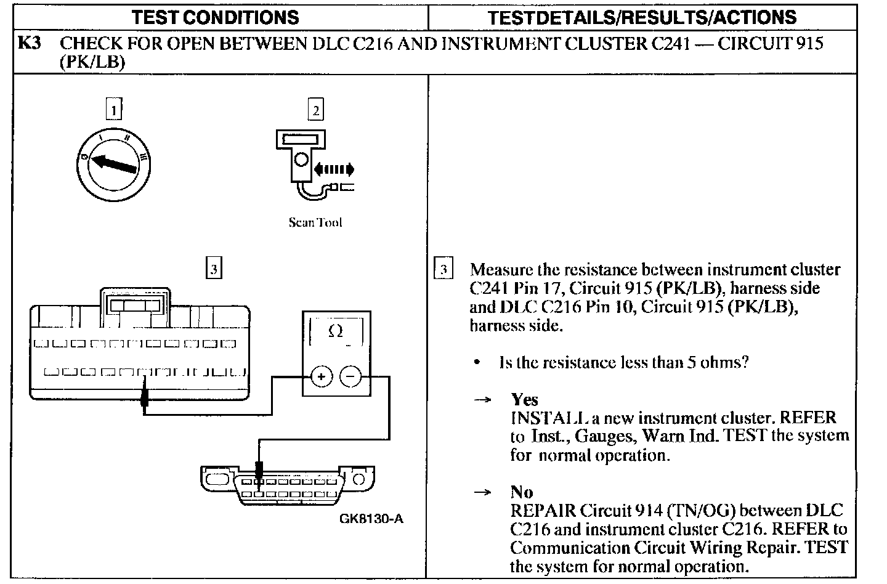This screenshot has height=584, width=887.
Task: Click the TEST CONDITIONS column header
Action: point(215,17)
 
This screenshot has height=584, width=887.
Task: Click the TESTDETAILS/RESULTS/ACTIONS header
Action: point(642,17)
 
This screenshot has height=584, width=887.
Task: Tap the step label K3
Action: point(30,43)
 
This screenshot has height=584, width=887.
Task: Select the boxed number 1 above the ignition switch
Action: point(113,110)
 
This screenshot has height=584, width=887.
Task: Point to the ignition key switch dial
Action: point(115,161)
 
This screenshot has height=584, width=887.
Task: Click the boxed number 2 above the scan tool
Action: point(315,110)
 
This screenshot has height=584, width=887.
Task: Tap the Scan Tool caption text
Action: point(315,222)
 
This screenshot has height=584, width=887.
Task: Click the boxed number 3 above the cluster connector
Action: point(213,269)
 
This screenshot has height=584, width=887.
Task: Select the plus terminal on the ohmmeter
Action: point(321,376)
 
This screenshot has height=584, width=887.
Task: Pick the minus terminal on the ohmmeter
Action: point(350,376)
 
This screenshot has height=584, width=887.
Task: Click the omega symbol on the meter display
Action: point(336,331)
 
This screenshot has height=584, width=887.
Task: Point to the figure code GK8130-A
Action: point(371,519)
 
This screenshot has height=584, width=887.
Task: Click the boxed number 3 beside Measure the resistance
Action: point(443,269)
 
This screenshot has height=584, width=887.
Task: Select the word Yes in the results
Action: point(524,400)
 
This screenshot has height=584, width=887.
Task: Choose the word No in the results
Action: point(522,492)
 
